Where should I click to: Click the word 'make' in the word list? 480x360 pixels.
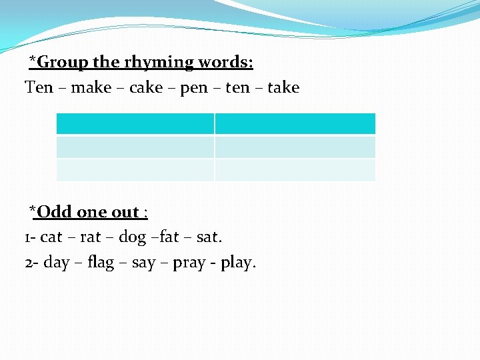coord(91,87)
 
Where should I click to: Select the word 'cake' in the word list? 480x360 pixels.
coord(146,87)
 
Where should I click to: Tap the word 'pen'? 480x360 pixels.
coord(194,88)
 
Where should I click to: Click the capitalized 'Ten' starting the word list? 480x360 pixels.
coord(39,87)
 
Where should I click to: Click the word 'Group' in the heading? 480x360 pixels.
coord(63,63)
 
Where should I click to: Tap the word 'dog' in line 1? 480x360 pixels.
coord(132,237)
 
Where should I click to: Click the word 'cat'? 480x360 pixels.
coord(51,237)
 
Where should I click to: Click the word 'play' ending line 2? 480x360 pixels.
coord(237,263)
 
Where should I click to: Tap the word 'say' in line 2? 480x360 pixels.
coord(143,263)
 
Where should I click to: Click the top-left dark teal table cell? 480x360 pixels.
coord(135,124)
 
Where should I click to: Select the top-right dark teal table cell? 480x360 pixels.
coord(295,124)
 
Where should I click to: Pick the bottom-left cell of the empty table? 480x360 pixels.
coord(135,169)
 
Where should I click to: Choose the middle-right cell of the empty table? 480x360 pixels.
coord(295,147)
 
